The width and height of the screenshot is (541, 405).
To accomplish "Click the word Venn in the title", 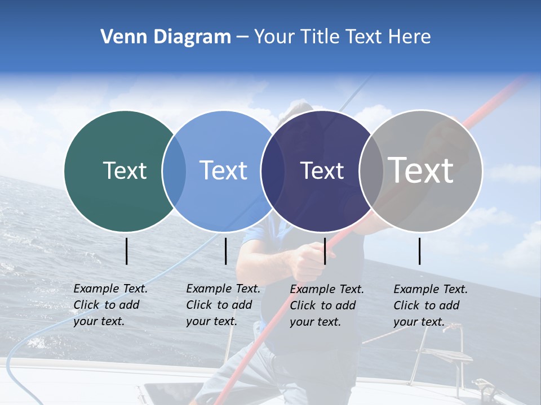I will [120, 37].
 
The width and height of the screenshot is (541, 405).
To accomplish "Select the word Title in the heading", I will [319, 37].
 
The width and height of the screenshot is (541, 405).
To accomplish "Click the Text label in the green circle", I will [125, 170].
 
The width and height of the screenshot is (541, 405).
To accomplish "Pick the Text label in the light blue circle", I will [223, 170].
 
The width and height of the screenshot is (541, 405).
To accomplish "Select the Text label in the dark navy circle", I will [322, 170].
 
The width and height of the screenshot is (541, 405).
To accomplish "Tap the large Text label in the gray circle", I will [420, 170].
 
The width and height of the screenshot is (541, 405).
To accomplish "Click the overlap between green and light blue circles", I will [174, 171].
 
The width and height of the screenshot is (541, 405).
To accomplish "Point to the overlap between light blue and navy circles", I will [273, 171].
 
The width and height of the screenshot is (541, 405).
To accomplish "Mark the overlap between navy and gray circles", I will [371, 171].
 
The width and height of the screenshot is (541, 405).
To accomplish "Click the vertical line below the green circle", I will [127, 251].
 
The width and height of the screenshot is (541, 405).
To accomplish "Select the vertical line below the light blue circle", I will [225, 251].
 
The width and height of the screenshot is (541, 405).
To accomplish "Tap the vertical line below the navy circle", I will [325, 251].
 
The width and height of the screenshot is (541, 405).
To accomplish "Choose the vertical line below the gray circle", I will [420, 251].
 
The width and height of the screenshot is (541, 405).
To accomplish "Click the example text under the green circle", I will [110, 305].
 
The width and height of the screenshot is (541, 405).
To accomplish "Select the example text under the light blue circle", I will [223, 305].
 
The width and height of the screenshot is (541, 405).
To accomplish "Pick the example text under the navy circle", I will [327, 305].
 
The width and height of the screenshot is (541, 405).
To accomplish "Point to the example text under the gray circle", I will [431, 305].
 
